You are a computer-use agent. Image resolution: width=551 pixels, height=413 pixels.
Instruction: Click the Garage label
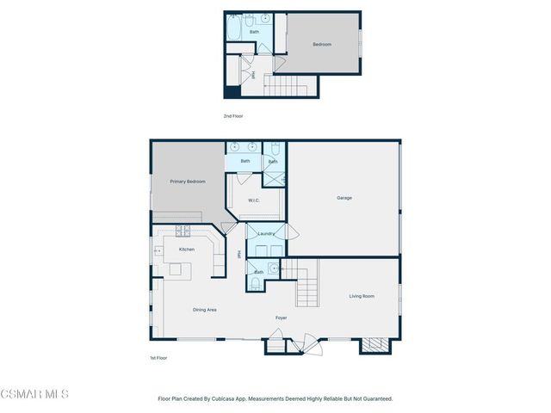coord(344,198)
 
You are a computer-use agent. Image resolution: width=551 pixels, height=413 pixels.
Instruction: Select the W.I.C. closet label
coord(254,200)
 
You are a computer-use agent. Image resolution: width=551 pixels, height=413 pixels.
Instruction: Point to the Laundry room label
coord(266,233)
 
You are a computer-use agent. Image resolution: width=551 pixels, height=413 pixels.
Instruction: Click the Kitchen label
coord(186,250)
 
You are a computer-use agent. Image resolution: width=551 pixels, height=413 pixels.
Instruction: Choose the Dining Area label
coord(204,310)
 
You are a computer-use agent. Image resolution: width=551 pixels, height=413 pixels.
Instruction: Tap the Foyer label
coord(281,317)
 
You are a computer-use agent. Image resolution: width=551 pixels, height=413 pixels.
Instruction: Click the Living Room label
coord(361,296)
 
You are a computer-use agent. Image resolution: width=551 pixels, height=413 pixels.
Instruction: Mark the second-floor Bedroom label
coord(321,45)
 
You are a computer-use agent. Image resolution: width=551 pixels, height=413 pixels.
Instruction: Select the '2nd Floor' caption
coord(232,114)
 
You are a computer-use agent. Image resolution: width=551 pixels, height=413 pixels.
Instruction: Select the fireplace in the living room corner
coord(374,344)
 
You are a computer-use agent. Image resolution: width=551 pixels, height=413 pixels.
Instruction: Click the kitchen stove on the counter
coord(183,231)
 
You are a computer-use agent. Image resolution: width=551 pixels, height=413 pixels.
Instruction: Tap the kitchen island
coord(176,270)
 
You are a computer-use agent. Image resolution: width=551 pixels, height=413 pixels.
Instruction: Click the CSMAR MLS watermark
coord(34,394)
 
